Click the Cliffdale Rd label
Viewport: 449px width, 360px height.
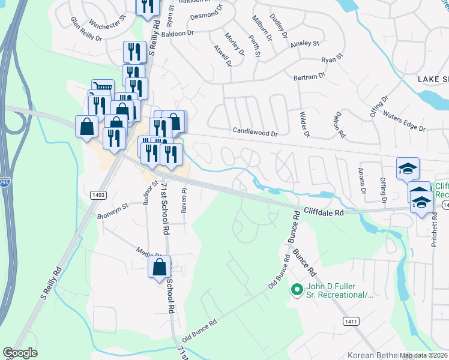tap(323, 212)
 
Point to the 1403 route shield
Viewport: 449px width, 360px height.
tap(100, 194)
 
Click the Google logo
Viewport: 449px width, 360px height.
tap(20, 353)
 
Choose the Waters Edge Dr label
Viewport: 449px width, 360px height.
tap(403, 122)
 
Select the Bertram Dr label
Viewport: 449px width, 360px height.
tap(309, 77)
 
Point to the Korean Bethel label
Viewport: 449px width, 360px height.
tap(369, 355)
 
